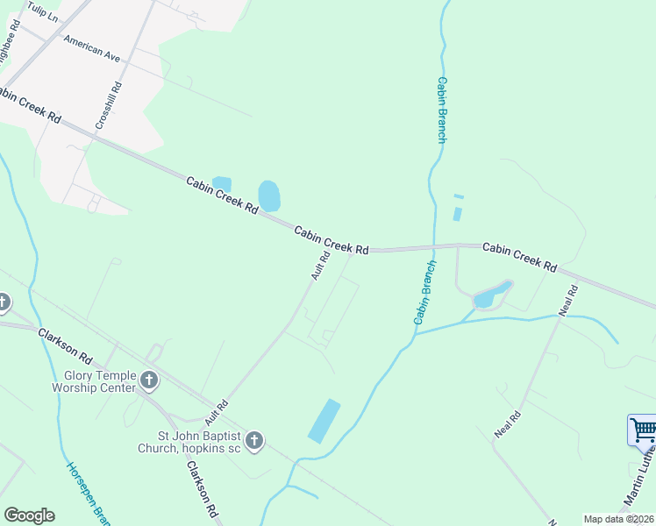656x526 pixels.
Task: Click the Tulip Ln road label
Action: point(42,11)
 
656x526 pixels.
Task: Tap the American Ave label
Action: point(91,49)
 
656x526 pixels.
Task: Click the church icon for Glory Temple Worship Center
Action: point(149,380)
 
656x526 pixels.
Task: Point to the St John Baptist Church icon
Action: point(254,440)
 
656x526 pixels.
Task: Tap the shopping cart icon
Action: point(643,430)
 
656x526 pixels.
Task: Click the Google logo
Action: point(29,515)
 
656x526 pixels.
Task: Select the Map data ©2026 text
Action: point(619,519)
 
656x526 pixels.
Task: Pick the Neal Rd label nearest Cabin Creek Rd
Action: point(568,301)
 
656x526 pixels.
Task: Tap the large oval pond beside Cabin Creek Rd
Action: point(269,196)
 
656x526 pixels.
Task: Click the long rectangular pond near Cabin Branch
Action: point(324,420)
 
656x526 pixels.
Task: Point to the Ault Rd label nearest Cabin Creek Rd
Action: point(320,266)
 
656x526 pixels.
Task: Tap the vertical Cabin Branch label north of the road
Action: point(441,109)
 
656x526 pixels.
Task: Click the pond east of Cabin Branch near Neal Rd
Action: point(490,295)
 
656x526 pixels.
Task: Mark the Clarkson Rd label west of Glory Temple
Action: point(64,345)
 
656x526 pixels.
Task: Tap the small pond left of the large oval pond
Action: point(222,182)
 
